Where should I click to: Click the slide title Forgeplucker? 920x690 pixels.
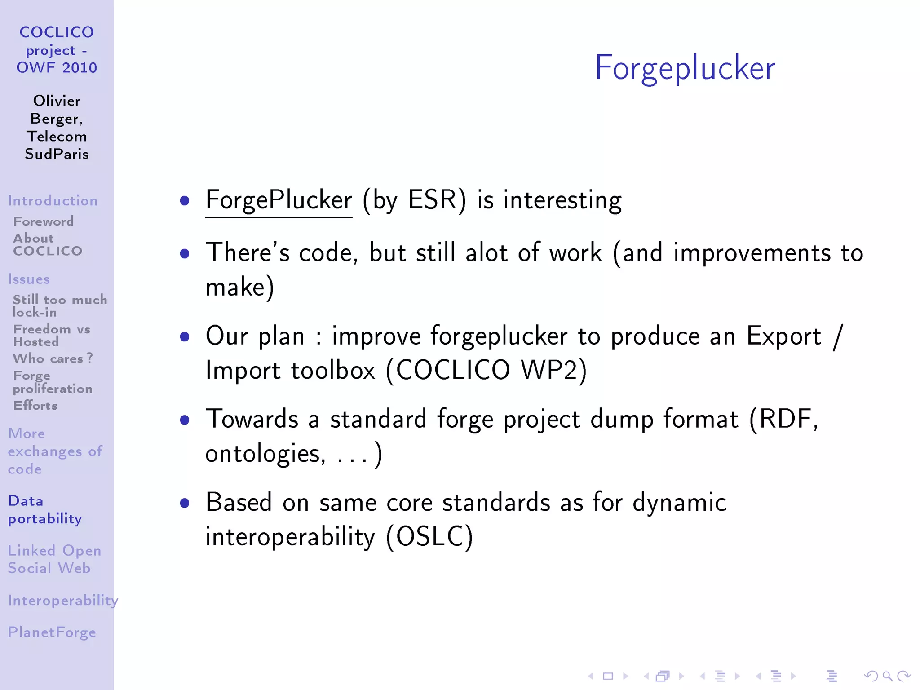click(x=685, y=68)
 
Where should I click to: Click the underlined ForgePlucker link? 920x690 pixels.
click(x=279, y=200)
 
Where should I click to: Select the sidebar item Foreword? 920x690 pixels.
click(x=44, y=221)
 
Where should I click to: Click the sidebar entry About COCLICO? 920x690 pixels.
click(x=48, y=244)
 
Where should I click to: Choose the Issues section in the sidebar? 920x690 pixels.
click(x=29, y=279)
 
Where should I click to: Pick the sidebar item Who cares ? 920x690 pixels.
click(x=53, y=358)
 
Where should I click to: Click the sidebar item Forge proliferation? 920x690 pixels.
click(x=53, y=382)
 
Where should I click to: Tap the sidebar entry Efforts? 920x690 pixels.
click(x=35, y=405)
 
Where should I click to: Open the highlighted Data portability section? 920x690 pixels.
click(x=45, y=509)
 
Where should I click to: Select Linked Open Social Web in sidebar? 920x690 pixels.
click(x=54, y=559)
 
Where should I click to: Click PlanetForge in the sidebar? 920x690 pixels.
click(x=52, y=632)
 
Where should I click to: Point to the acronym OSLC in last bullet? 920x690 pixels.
click(x=429, y=536)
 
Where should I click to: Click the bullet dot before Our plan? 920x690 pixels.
click(x=184, y=336)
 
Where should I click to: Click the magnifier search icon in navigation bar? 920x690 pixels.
click(x=887, y=676)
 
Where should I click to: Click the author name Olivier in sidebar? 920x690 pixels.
click(x=57, y=101)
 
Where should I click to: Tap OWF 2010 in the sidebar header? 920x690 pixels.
click(x=57, y=67)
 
